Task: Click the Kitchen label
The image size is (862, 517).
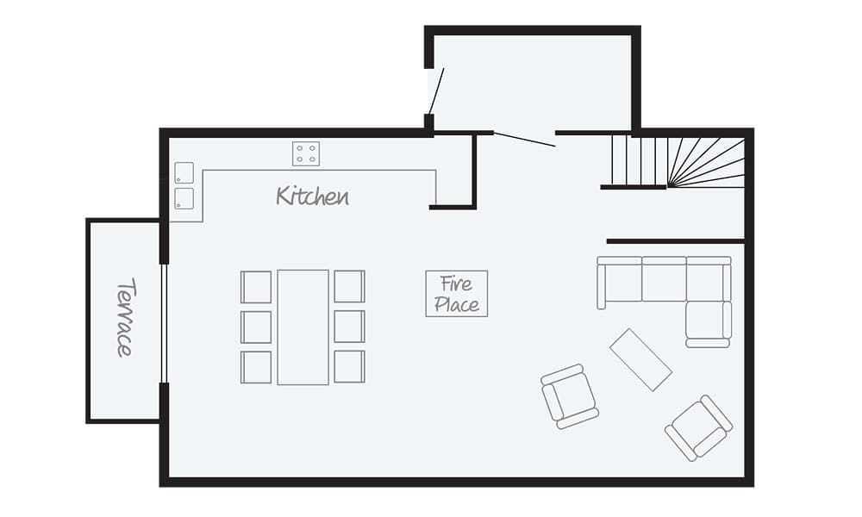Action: (x=312, y=196)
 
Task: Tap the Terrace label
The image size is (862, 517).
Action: (x=125, y=317)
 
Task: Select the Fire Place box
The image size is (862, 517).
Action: (x=456, y=293)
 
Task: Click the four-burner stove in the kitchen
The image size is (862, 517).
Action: (x=305, y=153)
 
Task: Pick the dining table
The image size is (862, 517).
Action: (x=303, y=327)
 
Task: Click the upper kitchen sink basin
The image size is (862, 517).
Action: (x=184, y=172)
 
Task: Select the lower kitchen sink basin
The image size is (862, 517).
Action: (x=184, y=198)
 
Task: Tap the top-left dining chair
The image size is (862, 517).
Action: (x=256, y=287)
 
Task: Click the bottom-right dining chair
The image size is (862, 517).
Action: (x=349, y=366)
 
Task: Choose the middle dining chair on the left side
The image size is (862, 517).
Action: (x=256, y=327)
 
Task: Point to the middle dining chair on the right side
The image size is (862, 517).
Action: (x=349, y=327)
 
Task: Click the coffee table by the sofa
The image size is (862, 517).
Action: (x=640, y=359)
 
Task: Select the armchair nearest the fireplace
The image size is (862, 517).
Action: (x=569, y=396)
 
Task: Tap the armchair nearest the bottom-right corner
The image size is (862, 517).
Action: (x=698, y=427)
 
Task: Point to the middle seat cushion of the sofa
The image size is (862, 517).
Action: (x=664, y=279)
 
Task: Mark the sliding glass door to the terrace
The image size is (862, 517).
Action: (x=163, y=323)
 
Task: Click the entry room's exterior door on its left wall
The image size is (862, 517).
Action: (x=435, y=91)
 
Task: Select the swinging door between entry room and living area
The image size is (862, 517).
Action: (x=524, y=139)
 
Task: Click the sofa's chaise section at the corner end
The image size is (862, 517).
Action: (x=709, y=321)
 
